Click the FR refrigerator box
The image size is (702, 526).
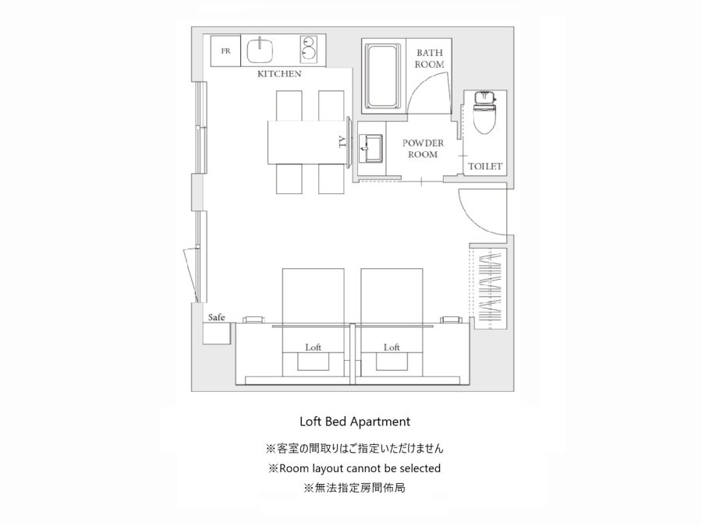point(225,51)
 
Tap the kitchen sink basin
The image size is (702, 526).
point(260,51)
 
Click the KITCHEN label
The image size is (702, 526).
point(279,74)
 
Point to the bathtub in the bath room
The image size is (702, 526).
point(382,76)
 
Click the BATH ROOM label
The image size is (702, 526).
point(429,58)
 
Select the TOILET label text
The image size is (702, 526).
point(485,167)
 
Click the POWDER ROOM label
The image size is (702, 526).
point(423,149)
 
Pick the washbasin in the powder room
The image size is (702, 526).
point(370,148)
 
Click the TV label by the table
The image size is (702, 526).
point(342,142)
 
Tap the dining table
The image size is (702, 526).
point(308,143)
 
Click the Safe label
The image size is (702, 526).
point(216,318)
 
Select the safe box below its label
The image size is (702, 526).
point(217,334)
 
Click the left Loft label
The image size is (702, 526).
point(314,347)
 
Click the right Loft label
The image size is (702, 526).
point(392,347)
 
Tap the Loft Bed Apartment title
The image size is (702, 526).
point(355,422)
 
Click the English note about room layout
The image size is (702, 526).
point(355,468)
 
